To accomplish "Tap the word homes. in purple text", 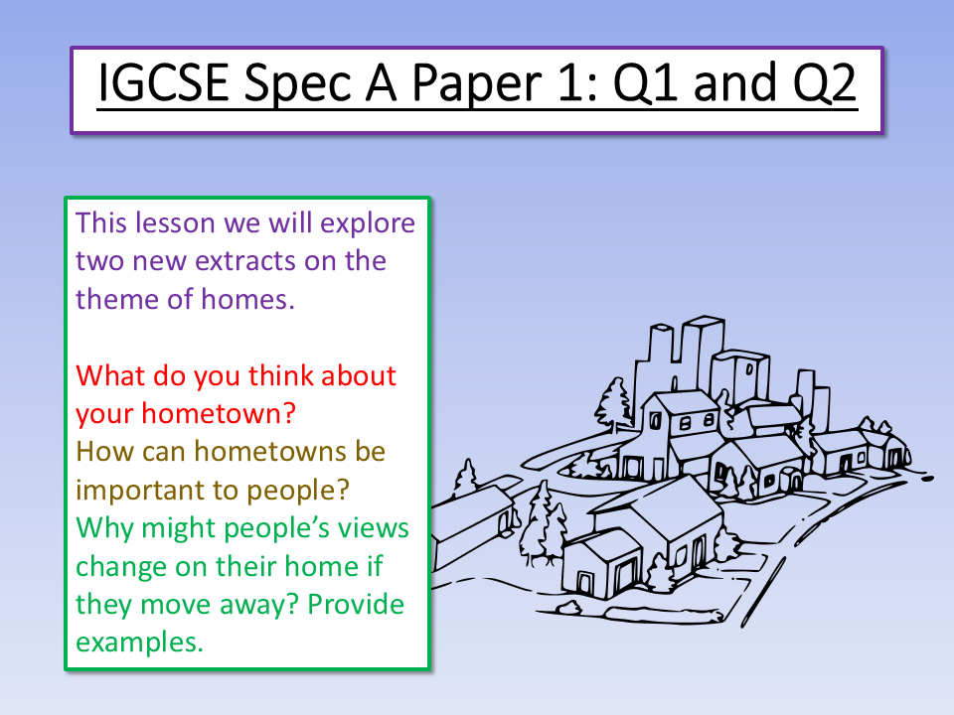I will [x=248, y=299].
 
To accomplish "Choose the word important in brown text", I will [x=148, y=490].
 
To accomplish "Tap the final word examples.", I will [x=139, y=642].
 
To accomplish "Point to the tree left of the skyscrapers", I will [x=612, y=402].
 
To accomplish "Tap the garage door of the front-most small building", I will [x=624, y=577].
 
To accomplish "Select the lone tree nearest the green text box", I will [x=464, y=482].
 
